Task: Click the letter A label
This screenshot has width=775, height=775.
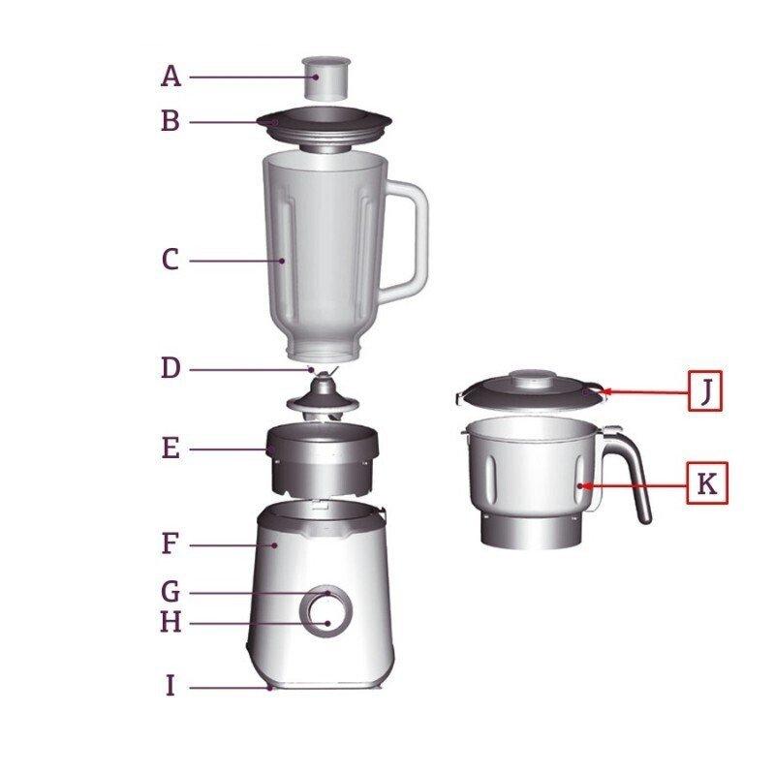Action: click(170, 76)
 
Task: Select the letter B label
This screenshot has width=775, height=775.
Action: click(170, 122)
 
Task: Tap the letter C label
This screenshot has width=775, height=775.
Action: click(170, 260)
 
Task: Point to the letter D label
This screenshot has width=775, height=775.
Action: click(170, 369)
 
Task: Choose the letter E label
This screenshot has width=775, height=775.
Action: click(170, 449)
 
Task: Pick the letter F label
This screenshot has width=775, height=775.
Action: click(170, 544)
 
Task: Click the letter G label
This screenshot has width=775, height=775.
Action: click(170, 591)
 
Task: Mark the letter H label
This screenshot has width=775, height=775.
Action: click(170, 622)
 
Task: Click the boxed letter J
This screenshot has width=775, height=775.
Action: click(705, 390)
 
